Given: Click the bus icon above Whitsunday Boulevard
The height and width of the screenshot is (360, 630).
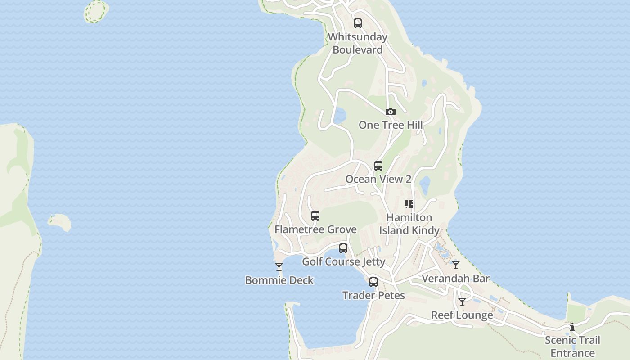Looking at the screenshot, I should click(x=358, y=23).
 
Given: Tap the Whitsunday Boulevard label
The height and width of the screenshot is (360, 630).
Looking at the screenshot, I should click(x=358, y=43).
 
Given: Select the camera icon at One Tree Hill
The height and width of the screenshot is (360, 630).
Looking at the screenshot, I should click(x=391, y=112).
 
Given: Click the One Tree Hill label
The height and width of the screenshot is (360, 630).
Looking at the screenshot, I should click(x=391, y=125).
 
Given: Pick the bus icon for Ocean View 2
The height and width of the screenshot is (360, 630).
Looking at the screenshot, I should click(x=378, y=166).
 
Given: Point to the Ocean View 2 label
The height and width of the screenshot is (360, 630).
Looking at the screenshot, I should click(x=378, y=179).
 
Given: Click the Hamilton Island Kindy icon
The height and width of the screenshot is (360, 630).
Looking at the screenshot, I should click(x=409, y=204).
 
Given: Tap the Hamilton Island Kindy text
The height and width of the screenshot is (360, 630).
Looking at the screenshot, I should click(x=409, y=224).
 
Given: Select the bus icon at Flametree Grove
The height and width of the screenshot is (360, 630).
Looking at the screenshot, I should click(x=315, y=216).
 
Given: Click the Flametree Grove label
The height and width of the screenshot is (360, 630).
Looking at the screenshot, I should click(x=315, y=229).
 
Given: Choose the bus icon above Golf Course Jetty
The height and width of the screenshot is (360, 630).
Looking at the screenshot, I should click(x=343, y=248).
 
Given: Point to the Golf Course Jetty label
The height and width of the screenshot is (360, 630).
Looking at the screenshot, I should click(x=343, y=261).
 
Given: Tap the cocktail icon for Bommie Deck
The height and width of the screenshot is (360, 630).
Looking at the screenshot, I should click(x=279, y=267).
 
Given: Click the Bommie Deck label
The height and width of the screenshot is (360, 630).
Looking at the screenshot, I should click(x=279, y=280).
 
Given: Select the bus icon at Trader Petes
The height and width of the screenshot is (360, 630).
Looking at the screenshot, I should click(x=373, y=282).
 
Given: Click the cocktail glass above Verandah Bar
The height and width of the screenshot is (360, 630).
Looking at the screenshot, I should click(x=456, y=265).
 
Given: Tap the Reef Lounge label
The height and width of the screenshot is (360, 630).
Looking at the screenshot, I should click(x=462, y=315).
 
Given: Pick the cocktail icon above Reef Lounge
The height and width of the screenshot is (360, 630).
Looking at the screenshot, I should click(x=462, y=302).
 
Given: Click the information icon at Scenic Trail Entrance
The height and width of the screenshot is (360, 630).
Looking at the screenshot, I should click(x=572, y=327).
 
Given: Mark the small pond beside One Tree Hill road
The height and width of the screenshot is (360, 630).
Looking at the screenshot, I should click(x=339, y=115).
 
